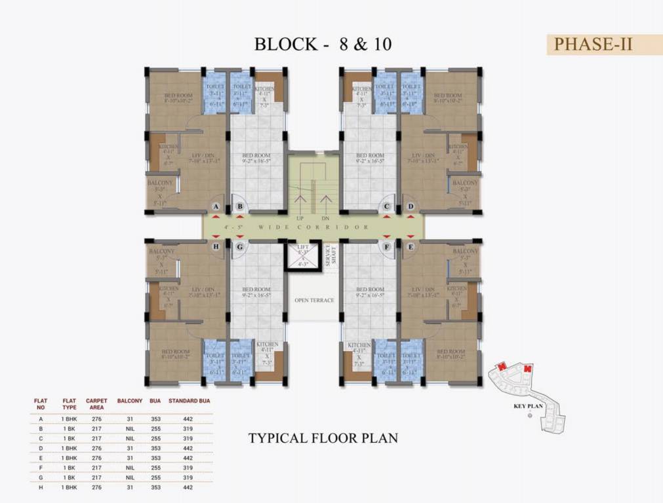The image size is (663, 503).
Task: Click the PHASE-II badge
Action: [x=593, y=44]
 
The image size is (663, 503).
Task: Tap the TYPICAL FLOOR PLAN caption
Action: [x=323, y=438]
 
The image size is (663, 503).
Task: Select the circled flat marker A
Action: [x=215, y=207]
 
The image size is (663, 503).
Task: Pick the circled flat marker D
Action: [x=411, y=207]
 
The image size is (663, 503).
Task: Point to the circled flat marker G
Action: [x=240, y=246]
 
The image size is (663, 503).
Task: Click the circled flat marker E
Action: [x=411, y=246]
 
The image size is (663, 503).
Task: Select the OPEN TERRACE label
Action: [x=314, y=300]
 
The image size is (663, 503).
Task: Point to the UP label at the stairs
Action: [x=300, y=218]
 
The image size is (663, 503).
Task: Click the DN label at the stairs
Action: [x=325, y=218]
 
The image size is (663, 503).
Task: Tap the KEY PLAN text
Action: [x=529, y=406]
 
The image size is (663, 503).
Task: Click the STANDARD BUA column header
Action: [x=190, y=400]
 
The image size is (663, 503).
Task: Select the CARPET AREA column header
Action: [x=96, y=403]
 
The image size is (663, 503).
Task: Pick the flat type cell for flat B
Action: [x=69, y=428]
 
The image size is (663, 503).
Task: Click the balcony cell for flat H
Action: [x=129, y=487]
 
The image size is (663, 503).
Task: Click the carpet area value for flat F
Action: [x=96, y=468]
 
